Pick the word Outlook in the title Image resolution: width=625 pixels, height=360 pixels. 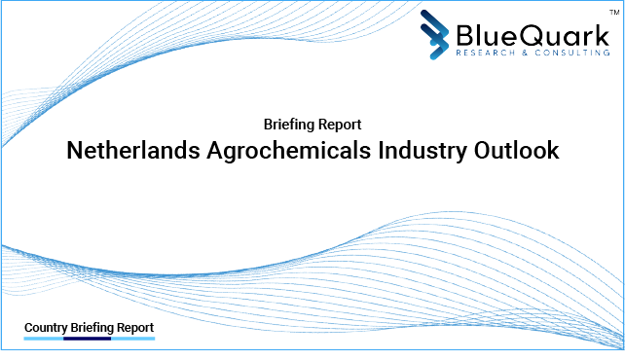pos(516,152)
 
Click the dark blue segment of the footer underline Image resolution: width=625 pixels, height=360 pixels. pos(87,340)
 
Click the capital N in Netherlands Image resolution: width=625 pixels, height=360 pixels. pos(74,152)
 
